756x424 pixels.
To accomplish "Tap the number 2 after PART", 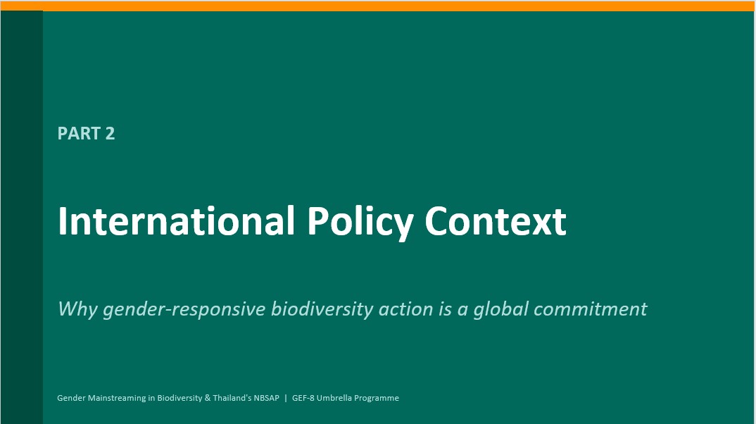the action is click(x=110, y=134).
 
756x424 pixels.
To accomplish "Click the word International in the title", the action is click(x=176, y=221).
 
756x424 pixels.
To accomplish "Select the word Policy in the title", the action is click(x=360, y=222).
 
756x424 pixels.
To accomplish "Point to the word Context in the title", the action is click(x=495, y=221).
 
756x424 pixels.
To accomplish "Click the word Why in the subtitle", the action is click(x=77, y=309).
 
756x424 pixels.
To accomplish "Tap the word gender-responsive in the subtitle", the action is click(x=184, y=309).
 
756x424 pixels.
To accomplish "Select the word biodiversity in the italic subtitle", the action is click(x=322, y=309).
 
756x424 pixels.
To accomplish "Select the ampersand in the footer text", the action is click(x=208, y=398).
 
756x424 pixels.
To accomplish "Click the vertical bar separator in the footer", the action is click(x=286, y=398).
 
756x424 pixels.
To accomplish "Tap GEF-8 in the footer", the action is click(x=303, y=398).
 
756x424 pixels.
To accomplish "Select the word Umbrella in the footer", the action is click(x=334, y=398).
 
